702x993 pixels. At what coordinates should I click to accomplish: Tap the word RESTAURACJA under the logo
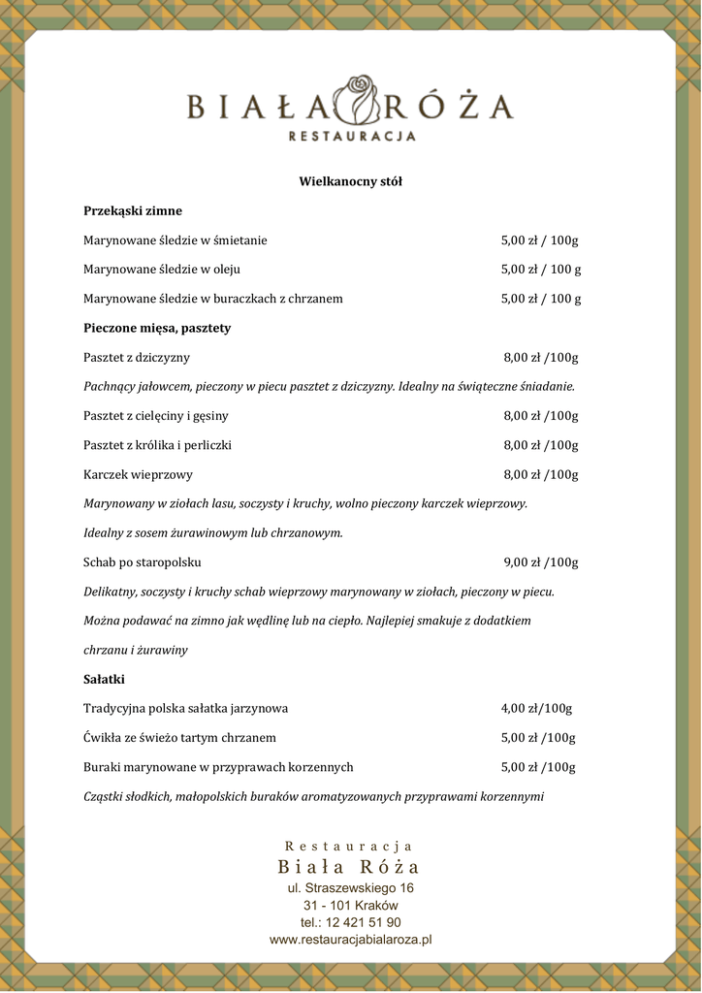pos(352,137)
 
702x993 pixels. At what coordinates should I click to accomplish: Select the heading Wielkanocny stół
pos(350,181)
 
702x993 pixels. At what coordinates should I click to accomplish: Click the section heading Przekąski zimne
pos(133,210)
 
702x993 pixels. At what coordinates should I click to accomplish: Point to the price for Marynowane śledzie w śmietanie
pos(539,240)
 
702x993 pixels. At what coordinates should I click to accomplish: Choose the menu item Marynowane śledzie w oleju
pos(162,270)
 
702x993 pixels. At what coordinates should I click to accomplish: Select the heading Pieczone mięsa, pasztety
pos(157,329)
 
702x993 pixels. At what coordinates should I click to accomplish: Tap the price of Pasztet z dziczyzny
pos(541,358)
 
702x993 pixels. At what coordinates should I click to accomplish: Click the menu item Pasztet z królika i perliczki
pos(157,445)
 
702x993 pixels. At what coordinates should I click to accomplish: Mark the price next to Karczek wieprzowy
pos(541,475)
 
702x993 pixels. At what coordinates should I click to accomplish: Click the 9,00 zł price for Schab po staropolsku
pos(541,562)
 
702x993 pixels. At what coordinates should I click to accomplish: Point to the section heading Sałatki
pos(104,679)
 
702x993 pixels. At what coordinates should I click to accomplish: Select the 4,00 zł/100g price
pos(536,708)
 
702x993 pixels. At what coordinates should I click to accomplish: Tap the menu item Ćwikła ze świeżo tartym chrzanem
pos(179,738)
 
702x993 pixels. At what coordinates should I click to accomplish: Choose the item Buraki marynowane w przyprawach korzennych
pos(218,767)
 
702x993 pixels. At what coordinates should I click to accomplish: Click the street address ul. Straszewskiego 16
pos(350,888)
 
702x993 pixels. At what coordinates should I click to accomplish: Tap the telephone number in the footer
pos(350,922)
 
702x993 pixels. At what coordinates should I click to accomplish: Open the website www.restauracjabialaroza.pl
pos(350,940)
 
